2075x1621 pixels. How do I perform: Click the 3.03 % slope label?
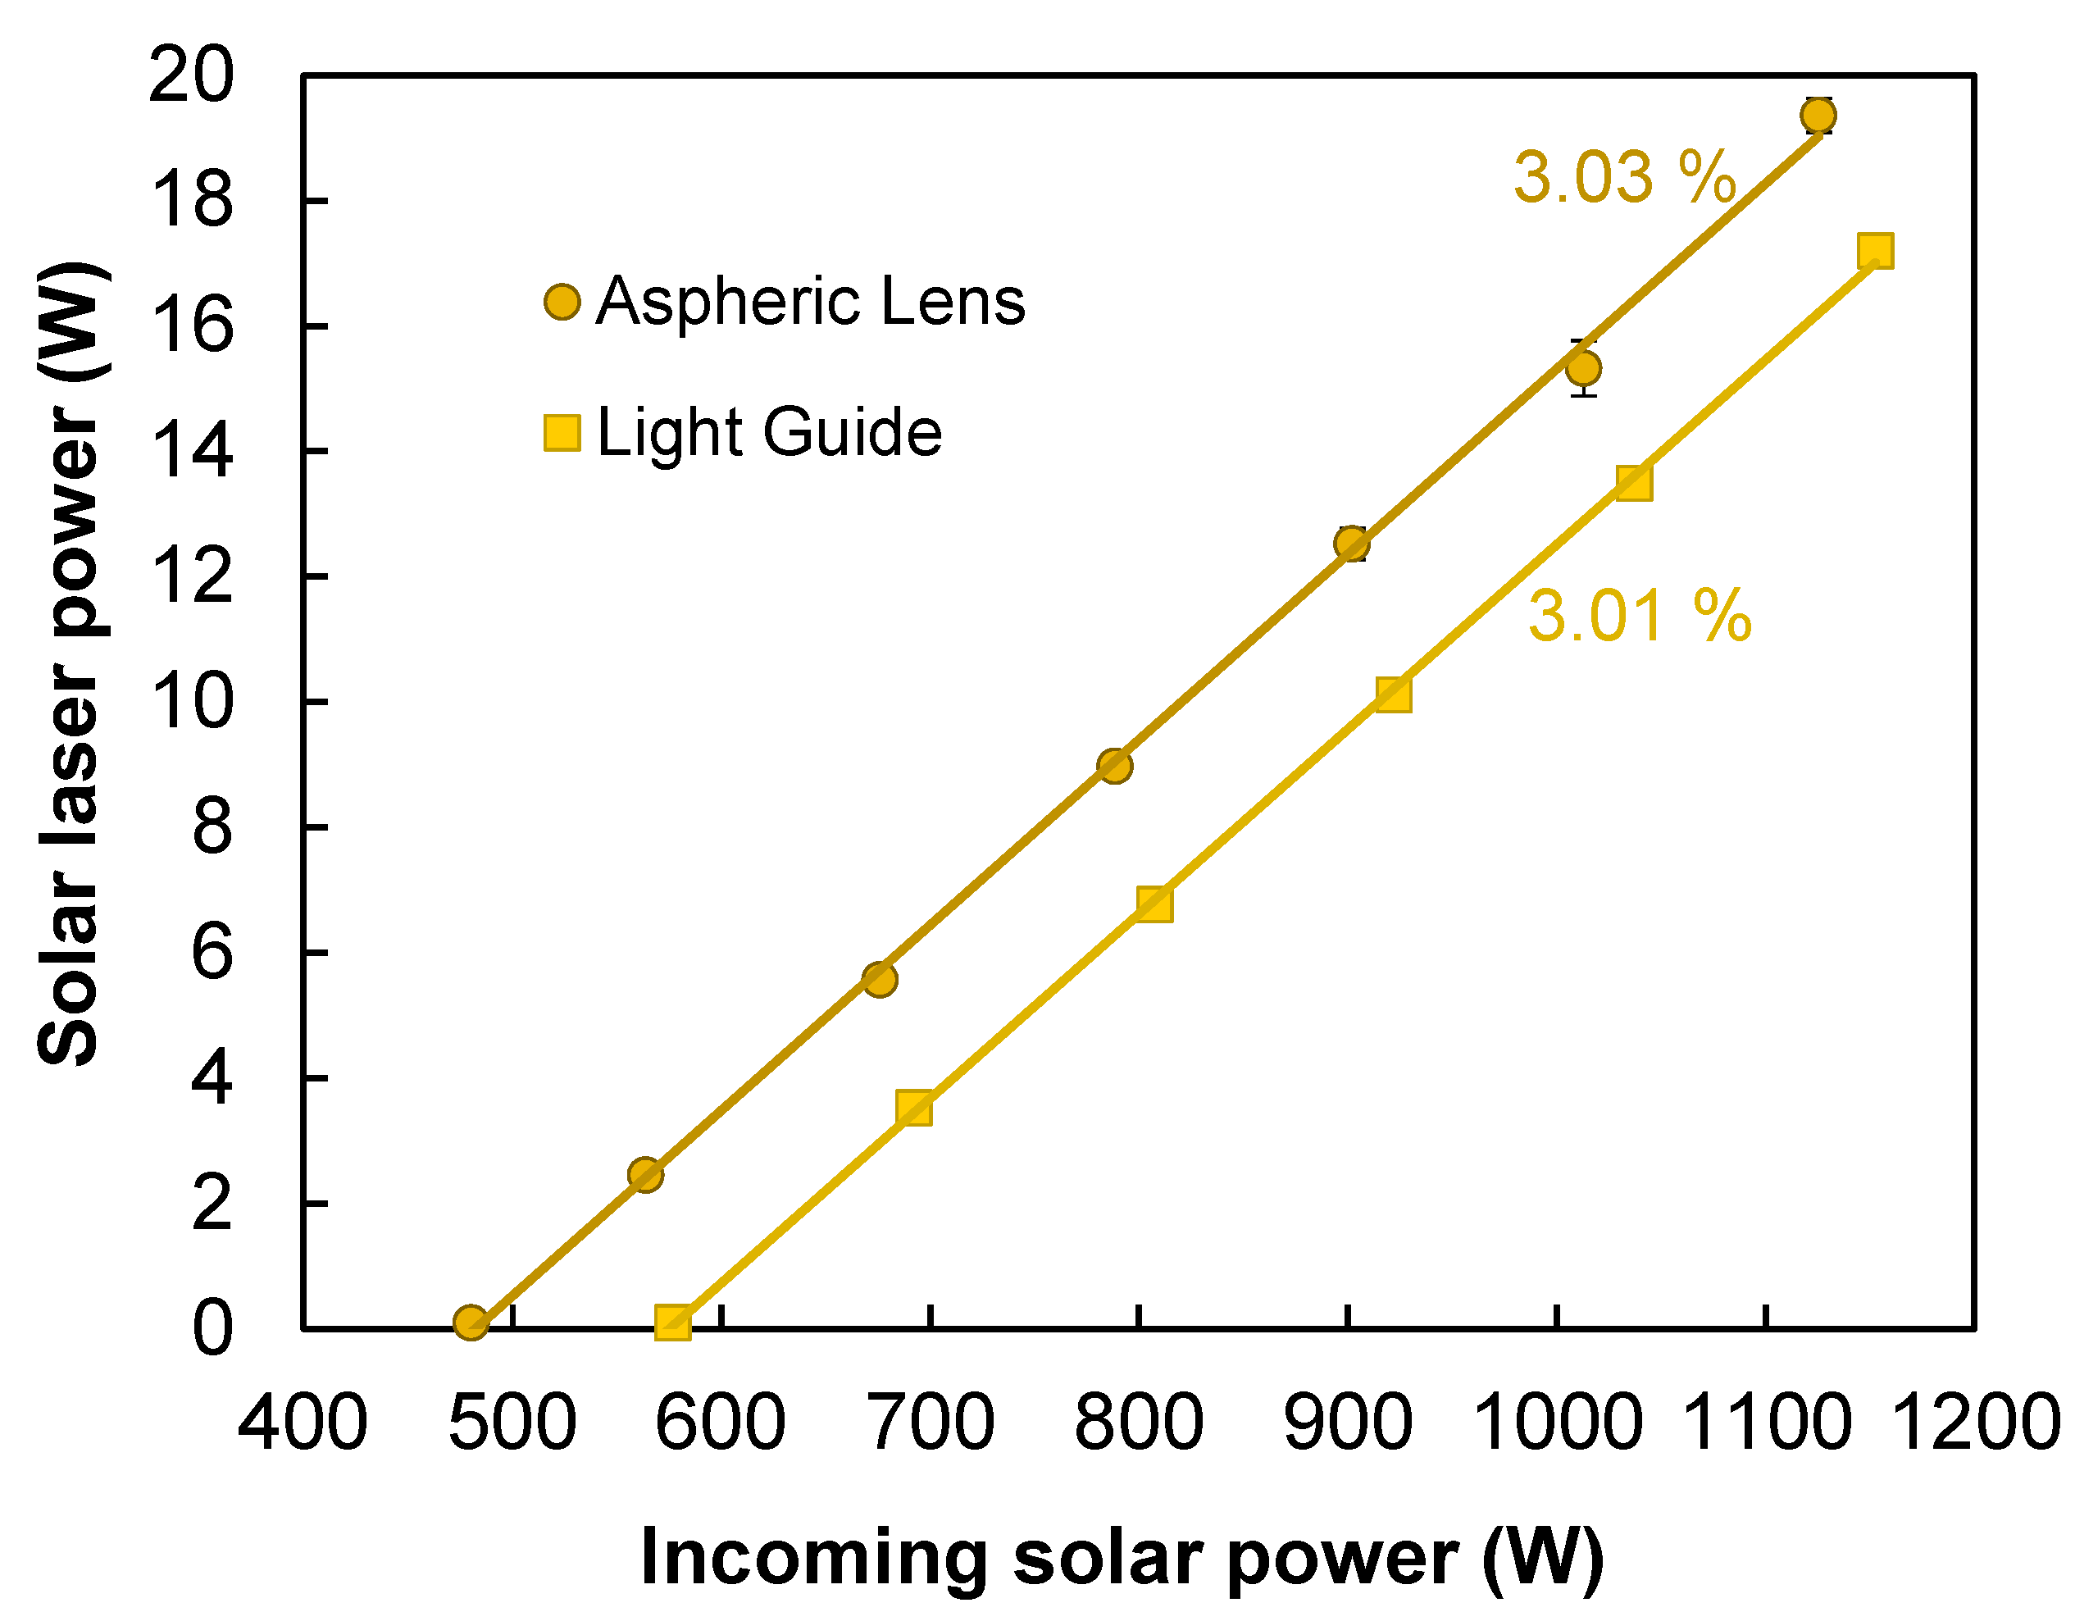pos(1624,178)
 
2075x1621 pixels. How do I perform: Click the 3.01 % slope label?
pos(1640,616)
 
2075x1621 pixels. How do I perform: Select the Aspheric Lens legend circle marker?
pos(562,303)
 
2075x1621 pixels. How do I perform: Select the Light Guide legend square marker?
pos(562,432)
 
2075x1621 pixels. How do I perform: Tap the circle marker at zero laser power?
pos(471,1322)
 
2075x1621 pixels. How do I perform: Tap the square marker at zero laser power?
pos(672,1322)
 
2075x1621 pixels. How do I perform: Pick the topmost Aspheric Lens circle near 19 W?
pos(1818,116)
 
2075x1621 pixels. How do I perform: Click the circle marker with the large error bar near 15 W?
pos(1583,367)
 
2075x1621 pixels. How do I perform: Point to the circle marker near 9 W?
pos(1114,766)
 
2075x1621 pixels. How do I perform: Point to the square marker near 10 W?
pos(1393,694)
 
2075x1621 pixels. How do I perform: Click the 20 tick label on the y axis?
pos(190,76)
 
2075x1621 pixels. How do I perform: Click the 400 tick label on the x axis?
pos(303,1423)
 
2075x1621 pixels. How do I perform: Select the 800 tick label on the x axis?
pos(1138,1423)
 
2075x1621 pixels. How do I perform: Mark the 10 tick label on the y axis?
pos(190,703)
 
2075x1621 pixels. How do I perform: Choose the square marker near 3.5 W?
pos(914,1108)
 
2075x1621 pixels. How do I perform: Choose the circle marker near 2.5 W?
pos(645,1175)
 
